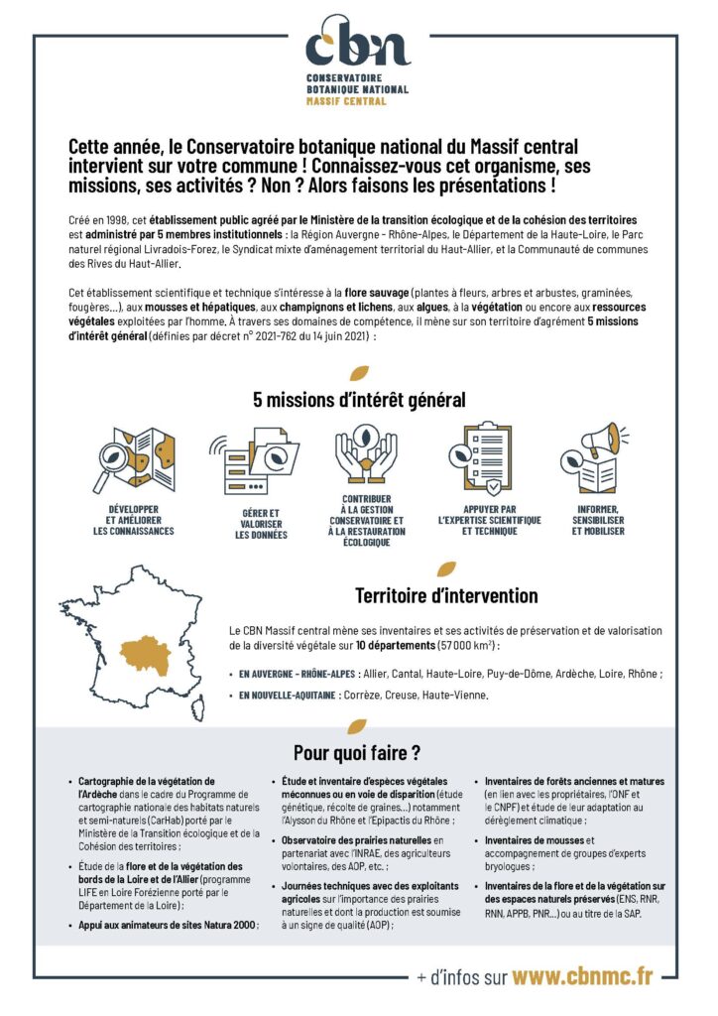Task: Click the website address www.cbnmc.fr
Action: (x=583, y=976)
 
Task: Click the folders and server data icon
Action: (x=253, y=459)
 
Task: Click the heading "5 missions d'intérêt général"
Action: (x=359, y=401)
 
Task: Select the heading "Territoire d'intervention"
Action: (x=446, y=596)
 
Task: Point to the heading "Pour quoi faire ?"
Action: (x=358, y=751)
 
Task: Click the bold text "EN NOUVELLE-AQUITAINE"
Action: (x=287, y=696)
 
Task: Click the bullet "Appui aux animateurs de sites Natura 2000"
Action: (x=168, y=925)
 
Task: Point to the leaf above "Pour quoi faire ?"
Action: (x=359, y=726)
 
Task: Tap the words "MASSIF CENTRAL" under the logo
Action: (x=346, y=101)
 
